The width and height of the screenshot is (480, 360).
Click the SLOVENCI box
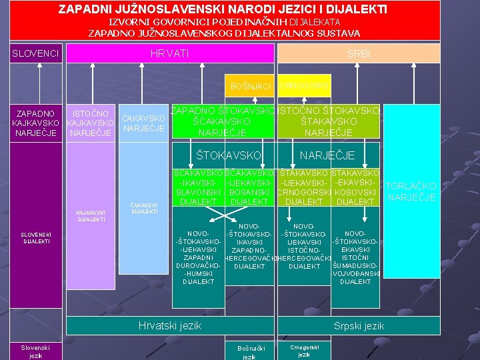pyautogui.click(x=36, y=53)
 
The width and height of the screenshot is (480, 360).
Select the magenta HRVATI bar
pyautogui.click(x=169, y=53)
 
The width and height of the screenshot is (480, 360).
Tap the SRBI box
pyautogui.click(x=359, y=53)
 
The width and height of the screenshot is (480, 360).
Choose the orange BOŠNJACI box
pyautogui.click(x=250, y=87)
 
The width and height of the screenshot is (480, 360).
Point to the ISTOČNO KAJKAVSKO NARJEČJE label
pyautogui.click(x=91, y=123)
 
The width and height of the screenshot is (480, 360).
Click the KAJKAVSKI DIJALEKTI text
pyautogui.click(x=91, y=215)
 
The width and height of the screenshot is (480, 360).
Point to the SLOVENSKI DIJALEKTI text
pyautogui.click(x=36, y=238)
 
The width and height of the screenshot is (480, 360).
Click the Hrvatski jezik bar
pyautogui.click(x=169, y=326)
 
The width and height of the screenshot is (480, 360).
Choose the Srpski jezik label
pyautogui.click(x=359, y=326)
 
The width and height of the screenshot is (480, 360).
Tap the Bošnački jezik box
pyautogui.click(x=250, y=351)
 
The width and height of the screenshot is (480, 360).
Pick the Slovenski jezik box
pyautogui.click(x=36, y=351)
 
